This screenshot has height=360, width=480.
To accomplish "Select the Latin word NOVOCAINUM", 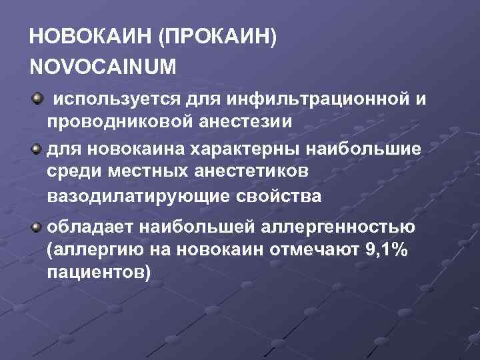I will [x=103, y=67].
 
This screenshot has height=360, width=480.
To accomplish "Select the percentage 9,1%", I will [x=384, y=251].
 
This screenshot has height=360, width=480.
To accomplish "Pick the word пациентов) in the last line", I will [x=99, y=274].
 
